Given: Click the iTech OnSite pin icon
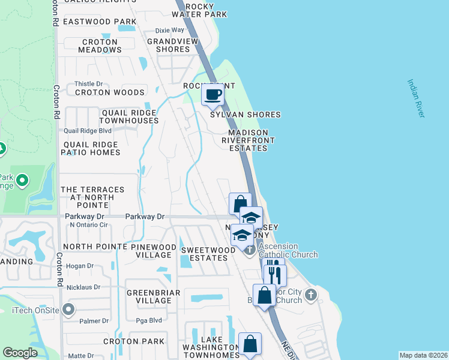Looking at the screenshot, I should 68,310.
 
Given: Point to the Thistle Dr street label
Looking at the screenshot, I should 88,84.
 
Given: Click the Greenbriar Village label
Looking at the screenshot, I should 145,296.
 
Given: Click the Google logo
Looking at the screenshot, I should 20,353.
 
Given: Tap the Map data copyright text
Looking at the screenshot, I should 423,355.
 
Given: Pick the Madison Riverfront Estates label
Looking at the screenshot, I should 248,140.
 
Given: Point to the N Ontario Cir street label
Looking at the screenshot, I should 88,226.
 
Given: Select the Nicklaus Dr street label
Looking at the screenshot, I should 83,287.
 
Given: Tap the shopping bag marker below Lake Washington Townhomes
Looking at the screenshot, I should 250,345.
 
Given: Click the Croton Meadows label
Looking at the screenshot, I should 100,46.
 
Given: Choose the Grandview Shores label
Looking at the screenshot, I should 173,46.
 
